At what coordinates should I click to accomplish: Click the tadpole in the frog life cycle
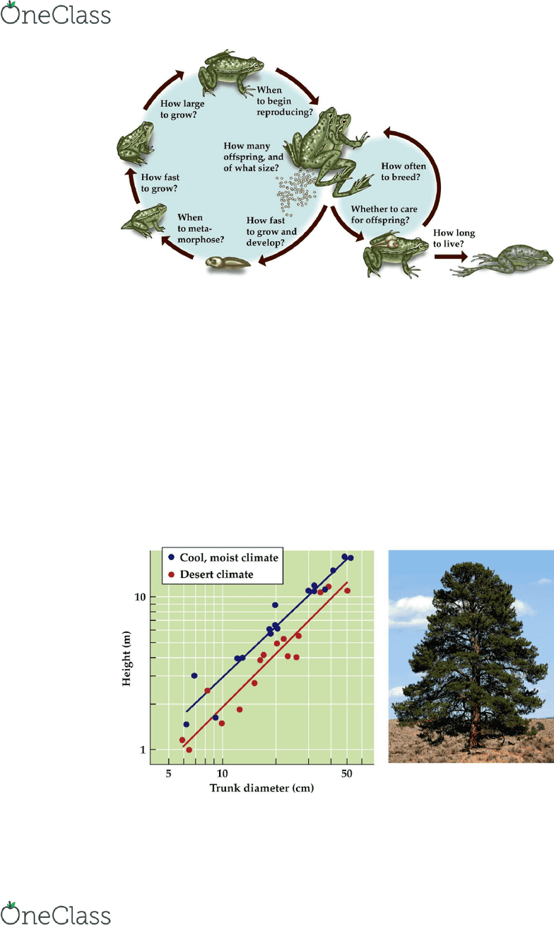tap(228, 262)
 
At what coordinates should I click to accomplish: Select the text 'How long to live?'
tap(454, 238)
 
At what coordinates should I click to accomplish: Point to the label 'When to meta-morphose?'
tap(201, 228)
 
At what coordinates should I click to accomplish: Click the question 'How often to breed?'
tap(403, 171)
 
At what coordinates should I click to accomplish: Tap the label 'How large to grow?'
tap(182, 109)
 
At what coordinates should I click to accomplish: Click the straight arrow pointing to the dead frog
tap(450, 257)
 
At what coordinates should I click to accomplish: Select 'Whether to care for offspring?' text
tap(384, 214)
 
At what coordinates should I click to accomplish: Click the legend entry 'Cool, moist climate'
tap(223, 557)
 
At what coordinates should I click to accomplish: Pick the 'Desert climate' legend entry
tap(211, 574)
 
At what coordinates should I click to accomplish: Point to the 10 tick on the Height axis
tap(140, 597)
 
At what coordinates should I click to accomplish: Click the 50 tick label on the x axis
tap(346, 774)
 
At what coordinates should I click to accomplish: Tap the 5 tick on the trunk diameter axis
tap(168, 774)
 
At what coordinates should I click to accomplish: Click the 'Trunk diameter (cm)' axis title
tap(262, 789)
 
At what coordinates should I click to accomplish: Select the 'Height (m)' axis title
tap(126, 658)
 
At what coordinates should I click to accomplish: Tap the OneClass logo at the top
tap(56, 13)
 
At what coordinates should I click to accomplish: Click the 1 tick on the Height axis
tap(143, 750)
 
